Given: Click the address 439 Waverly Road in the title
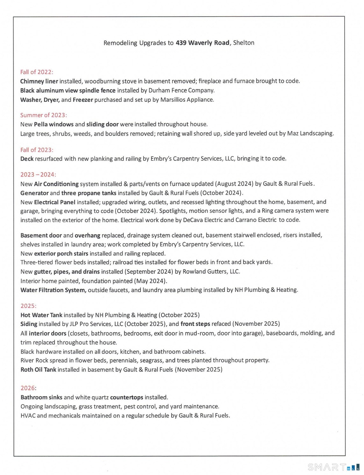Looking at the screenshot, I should pos(202,42).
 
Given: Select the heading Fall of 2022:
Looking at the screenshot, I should pos(37,72).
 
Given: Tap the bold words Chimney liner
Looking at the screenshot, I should pos(39,81).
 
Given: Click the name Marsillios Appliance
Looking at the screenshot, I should pos(187,100).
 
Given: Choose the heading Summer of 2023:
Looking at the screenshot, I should pos(43,115).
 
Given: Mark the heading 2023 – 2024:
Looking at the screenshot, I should pos(38,174).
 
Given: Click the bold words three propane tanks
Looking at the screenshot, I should pos(96,193).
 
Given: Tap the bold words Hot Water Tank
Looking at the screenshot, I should pos(41,315).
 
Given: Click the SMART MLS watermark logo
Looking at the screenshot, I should pos(333,467).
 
